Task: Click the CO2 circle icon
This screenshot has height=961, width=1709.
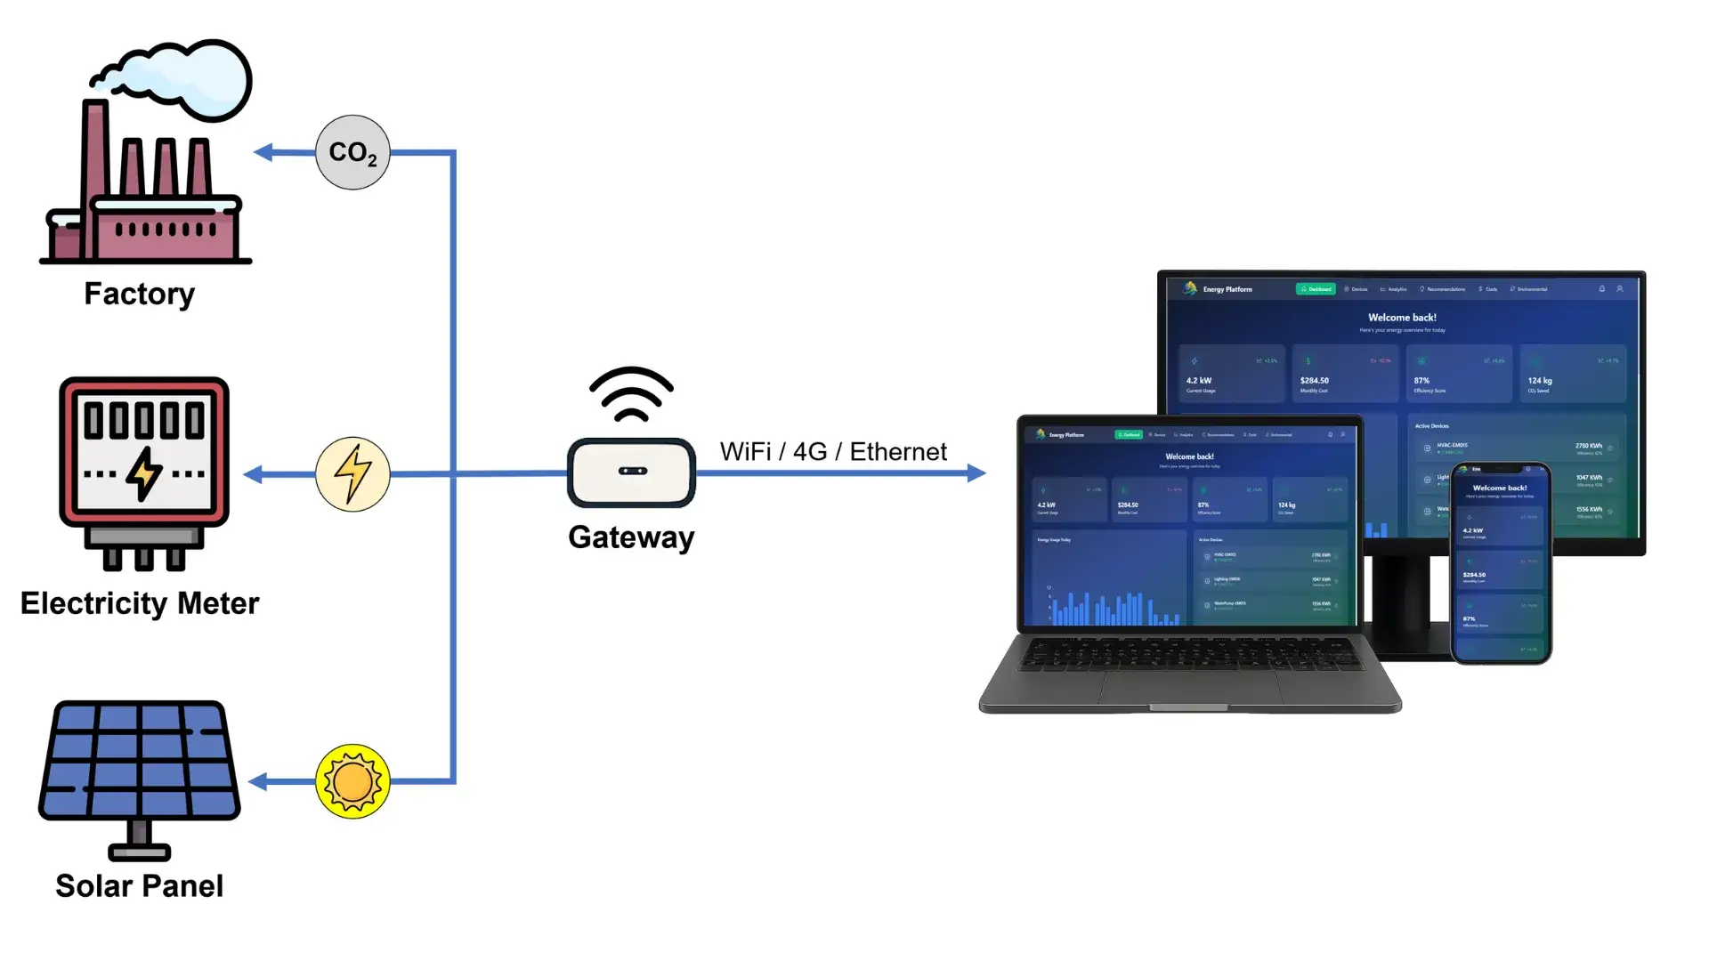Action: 352,152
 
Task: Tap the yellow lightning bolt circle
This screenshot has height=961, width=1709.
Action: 352,473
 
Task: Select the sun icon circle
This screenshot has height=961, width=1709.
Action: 352,781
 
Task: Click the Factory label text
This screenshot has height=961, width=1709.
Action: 140,294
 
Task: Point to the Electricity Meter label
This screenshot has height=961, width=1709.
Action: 140,603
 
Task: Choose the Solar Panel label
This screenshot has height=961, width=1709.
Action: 140,885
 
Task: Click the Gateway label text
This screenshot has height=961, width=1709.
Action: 631,537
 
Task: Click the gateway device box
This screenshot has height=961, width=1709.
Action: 631,472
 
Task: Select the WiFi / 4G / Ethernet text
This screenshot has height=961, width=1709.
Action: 833,452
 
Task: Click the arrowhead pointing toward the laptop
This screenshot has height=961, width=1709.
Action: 976,473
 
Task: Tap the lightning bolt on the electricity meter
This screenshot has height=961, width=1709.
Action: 143,472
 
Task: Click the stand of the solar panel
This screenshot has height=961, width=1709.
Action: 139,840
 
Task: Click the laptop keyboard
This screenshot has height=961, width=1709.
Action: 1191,656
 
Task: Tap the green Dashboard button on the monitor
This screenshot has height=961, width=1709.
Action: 1316,289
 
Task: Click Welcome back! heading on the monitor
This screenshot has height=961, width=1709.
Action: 1402,318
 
